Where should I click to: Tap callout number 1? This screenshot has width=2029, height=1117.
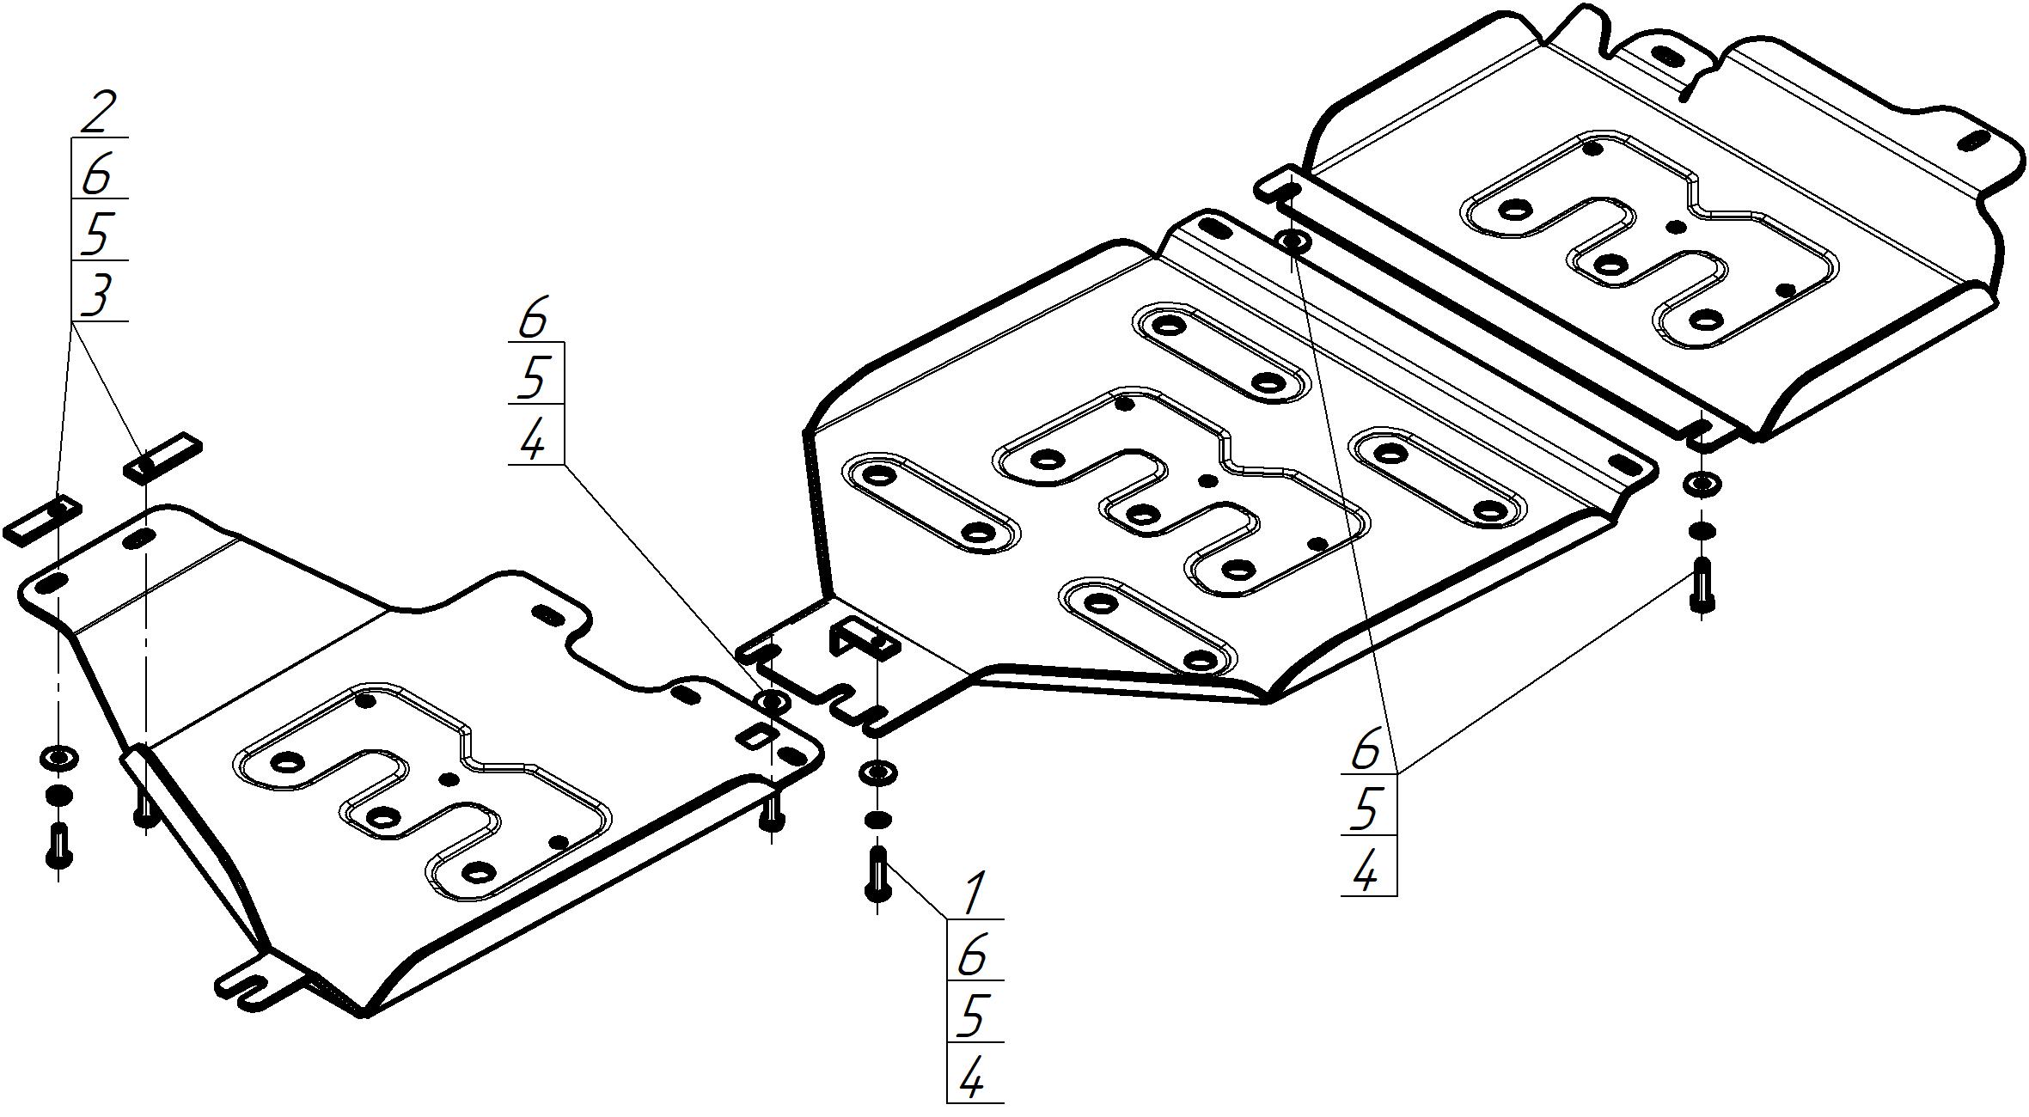pos(974,894)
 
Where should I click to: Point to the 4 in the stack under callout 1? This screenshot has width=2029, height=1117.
pos(972,1078)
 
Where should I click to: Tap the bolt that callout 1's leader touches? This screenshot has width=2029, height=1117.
pos(877,874)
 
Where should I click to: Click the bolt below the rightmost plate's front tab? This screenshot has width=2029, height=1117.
pos(1702,585)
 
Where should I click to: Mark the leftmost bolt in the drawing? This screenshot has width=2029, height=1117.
pos(59,846)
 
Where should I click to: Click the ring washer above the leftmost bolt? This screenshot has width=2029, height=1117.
pos(58,758)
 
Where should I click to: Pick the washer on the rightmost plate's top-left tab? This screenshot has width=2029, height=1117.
pos(1293,241)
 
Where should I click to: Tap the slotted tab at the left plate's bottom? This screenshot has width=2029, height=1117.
pos(259,983)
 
